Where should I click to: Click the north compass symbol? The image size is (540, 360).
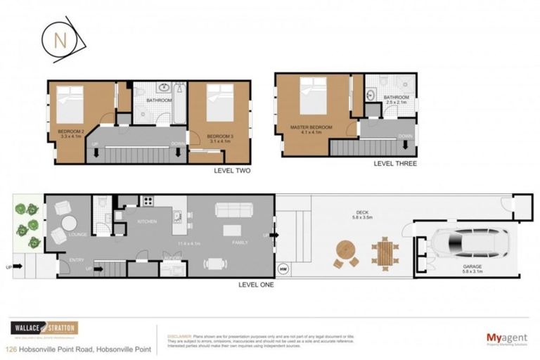(61, 39)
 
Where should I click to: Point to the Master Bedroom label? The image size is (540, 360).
(311, 128)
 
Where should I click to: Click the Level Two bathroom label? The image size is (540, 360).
(159, 101)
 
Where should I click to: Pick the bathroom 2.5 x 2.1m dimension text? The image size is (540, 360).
(397, 103)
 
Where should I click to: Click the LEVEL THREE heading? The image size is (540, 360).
(395, 163)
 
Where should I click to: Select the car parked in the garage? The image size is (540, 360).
(470, 244)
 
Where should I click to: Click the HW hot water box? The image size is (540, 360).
(283, 268)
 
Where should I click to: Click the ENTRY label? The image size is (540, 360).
(77, 260)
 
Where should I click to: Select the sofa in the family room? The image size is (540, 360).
(231, 210)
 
